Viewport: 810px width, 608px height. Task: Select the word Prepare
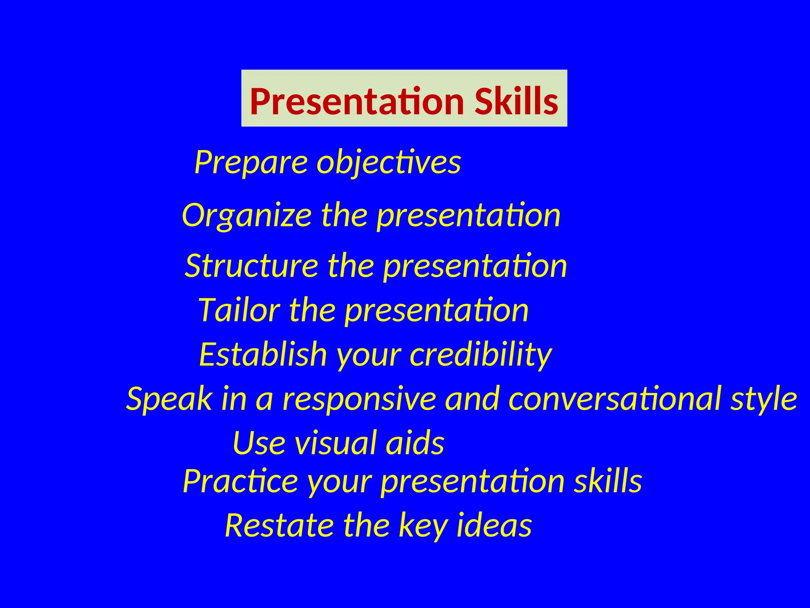pos(251,162)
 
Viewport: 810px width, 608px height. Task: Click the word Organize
pos(247,216)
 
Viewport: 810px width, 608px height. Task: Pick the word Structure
pos(252,266)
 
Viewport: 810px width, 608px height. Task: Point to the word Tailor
pos(239,310)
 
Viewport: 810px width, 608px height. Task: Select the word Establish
pos(263,354)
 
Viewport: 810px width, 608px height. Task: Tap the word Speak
pos(169,399)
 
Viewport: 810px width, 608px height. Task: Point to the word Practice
pos(240,481)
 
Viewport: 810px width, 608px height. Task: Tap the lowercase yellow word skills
pos(608,481)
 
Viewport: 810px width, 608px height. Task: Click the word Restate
pos(279,525)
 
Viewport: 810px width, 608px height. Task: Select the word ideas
pos(494,525)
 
